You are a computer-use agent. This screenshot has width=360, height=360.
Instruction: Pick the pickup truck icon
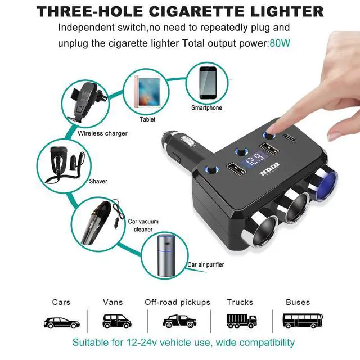(178, 321)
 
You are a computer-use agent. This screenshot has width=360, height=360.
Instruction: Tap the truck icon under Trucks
(241, 321)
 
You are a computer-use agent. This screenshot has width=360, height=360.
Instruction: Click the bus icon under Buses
(298, 321)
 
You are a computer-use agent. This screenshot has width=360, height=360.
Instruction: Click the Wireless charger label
(102, 133)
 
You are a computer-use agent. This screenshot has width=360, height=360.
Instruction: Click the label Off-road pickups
(178, 302)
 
